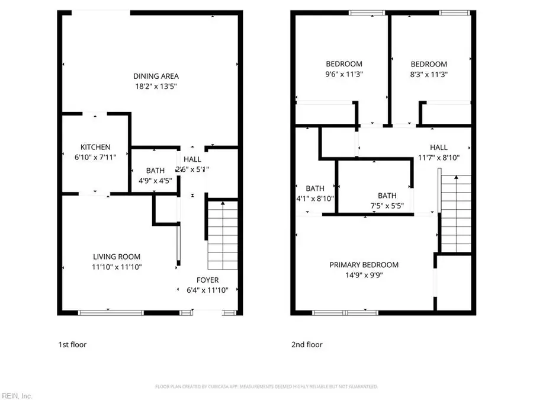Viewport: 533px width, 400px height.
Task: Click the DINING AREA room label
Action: point(156,76)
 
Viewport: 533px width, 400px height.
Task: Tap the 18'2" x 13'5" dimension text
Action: point(156,87)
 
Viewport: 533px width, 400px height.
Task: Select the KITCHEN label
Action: point(95,147)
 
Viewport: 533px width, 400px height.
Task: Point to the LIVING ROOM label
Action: point(117,257)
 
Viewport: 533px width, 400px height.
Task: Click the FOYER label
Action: point(207,280)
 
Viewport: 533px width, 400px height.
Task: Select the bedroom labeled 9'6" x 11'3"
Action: point(344,69)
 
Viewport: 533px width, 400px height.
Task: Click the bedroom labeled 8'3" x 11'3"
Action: point(429,69)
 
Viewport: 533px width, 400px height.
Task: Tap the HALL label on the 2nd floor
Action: point(439,147)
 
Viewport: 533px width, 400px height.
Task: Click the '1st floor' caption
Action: point(72,344)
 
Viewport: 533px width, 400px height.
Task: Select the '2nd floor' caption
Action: point(307,344)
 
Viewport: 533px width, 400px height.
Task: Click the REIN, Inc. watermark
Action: point(17,395)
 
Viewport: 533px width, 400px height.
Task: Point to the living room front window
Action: point(111,312)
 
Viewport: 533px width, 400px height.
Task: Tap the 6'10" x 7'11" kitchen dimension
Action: point(95,158)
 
